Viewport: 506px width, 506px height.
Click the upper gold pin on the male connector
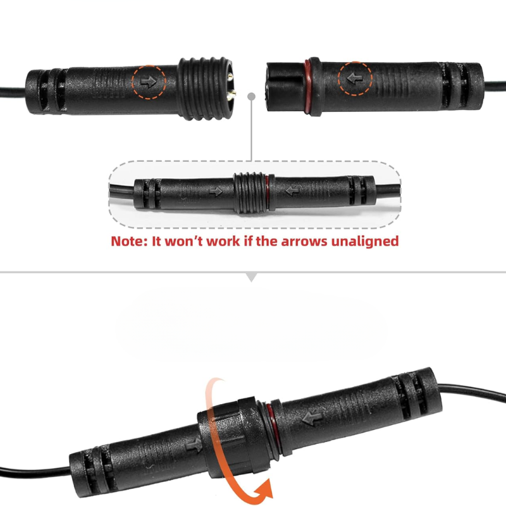coord(230,77)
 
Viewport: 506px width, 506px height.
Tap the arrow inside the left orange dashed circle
coord(149,82)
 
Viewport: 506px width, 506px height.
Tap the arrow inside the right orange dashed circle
coord(355,78)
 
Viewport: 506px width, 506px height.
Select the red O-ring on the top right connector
coord(307,87)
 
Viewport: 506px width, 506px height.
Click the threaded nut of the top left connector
coord(204,89)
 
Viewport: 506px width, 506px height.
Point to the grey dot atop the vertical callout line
coord(251,96)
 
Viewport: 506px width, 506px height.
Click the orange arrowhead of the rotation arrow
coord(264,490)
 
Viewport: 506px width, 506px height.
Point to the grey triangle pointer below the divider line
coord(251,277)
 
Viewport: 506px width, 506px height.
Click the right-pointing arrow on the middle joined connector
coord(216,192)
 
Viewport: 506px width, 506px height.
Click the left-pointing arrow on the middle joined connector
coord(292,191)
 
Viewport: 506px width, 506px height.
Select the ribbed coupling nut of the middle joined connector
coord(250,193)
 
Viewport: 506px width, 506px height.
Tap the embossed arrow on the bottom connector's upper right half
coord(312,418)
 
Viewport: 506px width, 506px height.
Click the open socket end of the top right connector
coord(285,87)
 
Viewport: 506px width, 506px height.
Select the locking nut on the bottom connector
coord(232,436)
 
